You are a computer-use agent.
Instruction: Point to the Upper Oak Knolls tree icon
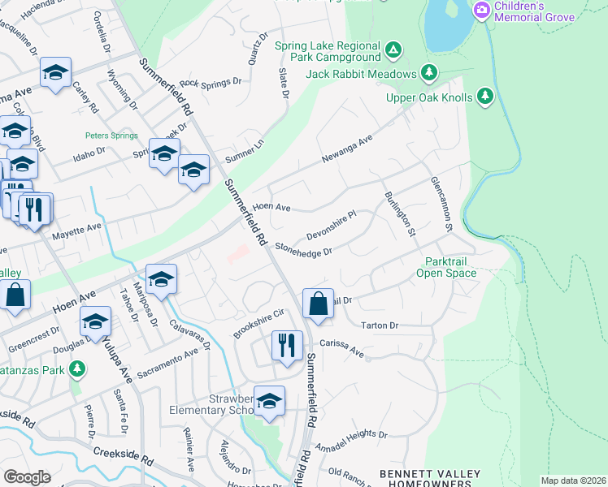pyautogui.click(x=485, y=97)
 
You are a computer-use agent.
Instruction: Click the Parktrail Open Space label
pyautogui.click(x=451, y=267)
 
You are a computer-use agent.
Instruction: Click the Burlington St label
pyautogui.click(x=400, y=213)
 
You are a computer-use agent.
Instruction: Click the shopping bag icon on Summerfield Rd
pyautogui.click(x=318, y=304)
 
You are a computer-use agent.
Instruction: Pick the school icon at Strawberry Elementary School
pyautogui.click(x=269, y=400)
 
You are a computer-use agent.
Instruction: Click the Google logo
pyautogui.click(x=27, y=476)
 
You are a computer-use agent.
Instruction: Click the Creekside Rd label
pyautogui.click(x=124, y=455)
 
